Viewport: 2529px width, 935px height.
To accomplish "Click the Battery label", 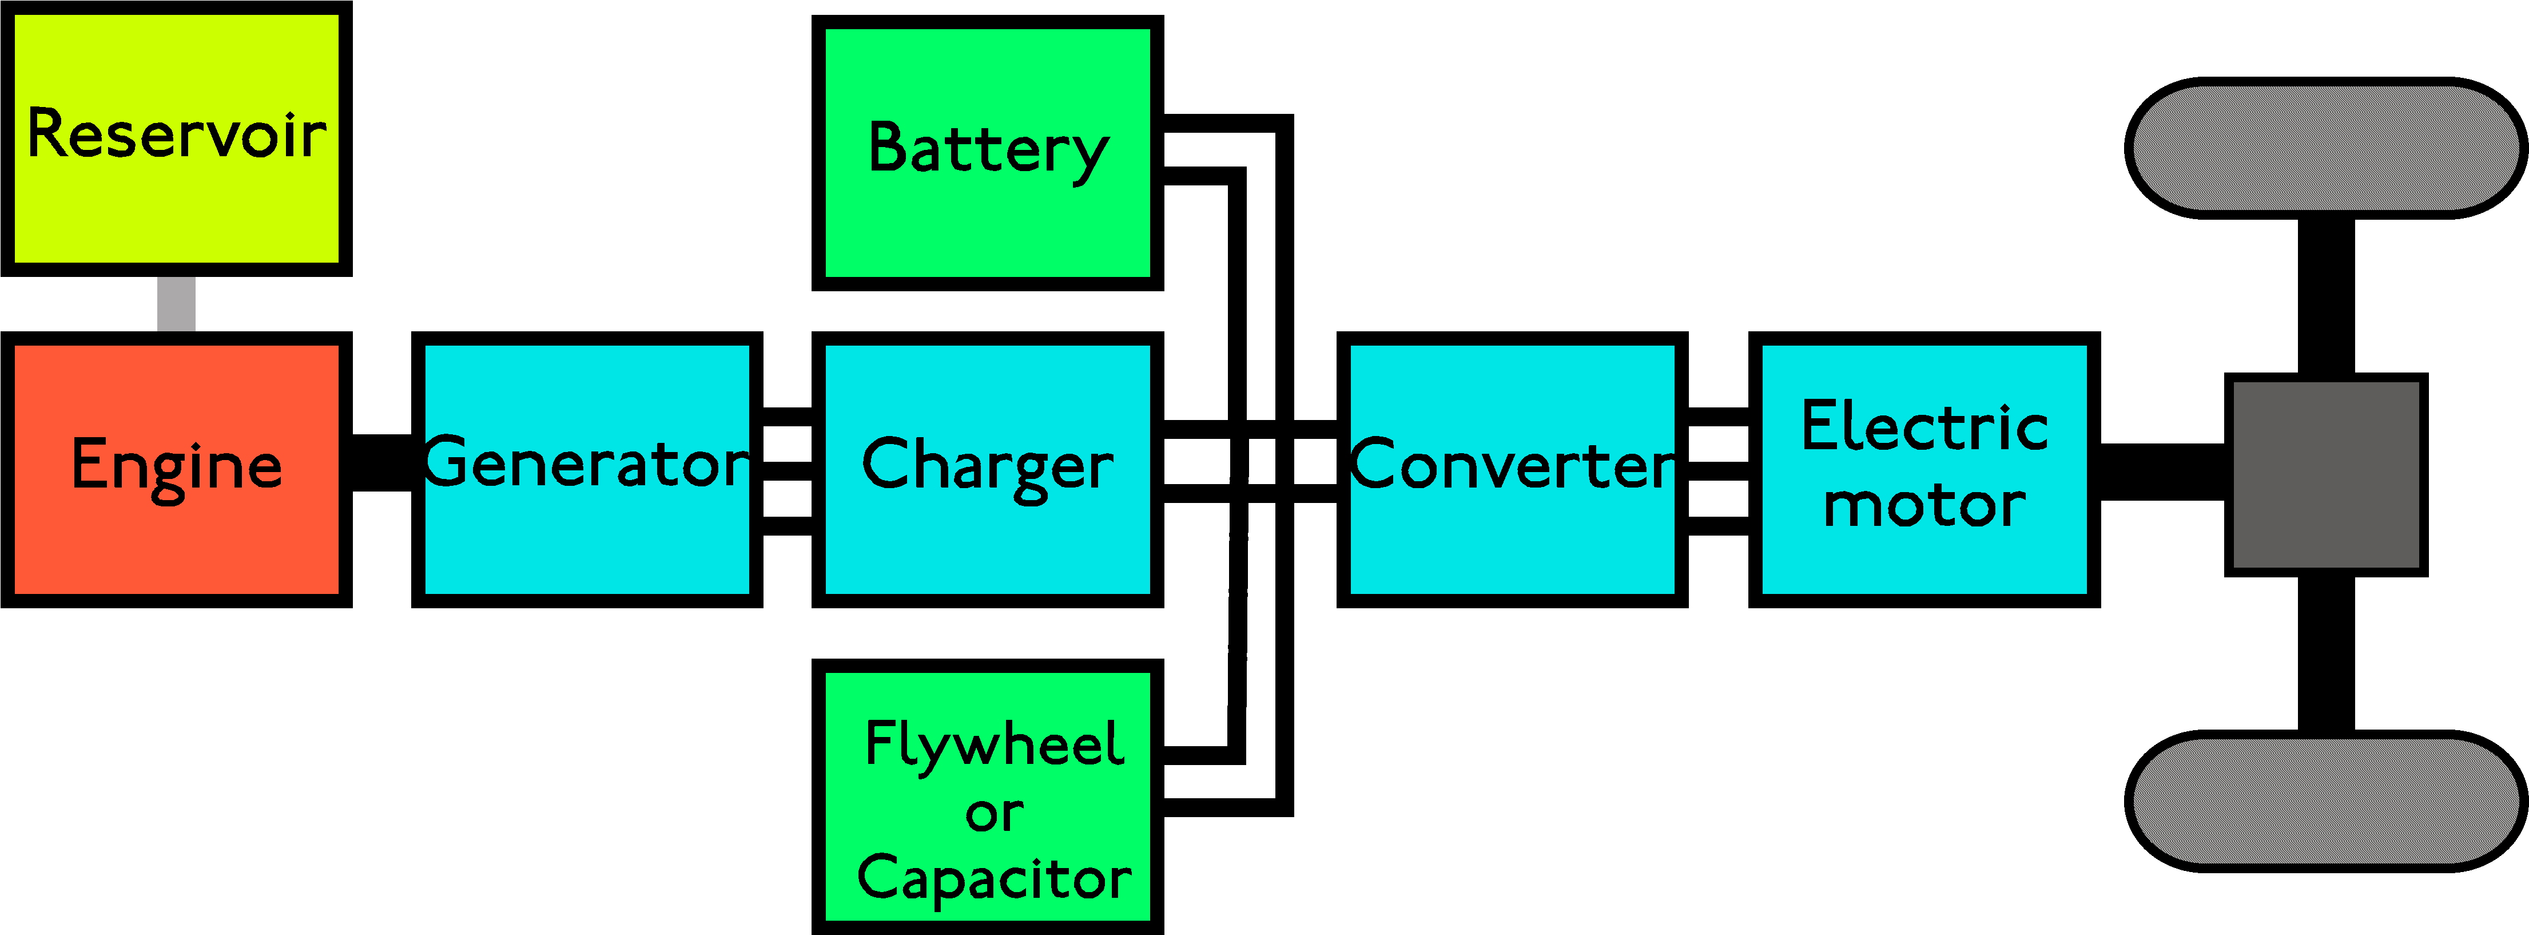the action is (x=989, y=151).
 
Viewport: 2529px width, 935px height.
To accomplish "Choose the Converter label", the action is (x=1513, y=463).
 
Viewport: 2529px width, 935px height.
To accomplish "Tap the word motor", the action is (x=1924, y=506).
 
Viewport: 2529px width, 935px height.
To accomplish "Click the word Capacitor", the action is (x=993, y=878).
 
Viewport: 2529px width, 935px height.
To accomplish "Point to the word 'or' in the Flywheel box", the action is (x=993, y=813).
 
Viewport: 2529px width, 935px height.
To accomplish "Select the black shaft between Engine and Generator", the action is (x=382, y=462).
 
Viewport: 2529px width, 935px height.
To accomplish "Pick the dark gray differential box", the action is (x=2326, y=474).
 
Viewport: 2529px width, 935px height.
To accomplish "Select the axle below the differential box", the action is (x=2326, y=653).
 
